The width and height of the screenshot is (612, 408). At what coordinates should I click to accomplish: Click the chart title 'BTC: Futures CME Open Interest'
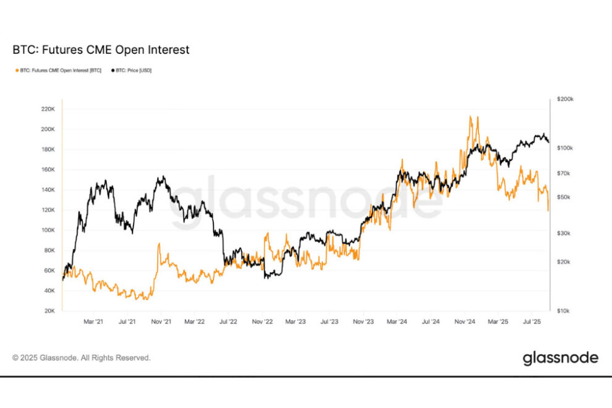tap(101, 50)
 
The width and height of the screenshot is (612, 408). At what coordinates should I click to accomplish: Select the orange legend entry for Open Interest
tap(58, 70)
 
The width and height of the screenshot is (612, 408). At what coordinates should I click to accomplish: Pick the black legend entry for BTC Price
tap(131, 70)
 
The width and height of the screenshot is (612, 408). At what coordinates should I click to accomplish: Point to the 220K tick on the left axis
tap(46, 109)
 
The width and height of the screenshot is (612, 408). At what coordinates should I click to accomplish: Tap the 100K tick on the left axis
tap(46, 230)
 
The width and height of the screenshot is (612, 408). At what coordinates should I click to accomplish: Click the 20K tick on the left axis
tap(48, 311)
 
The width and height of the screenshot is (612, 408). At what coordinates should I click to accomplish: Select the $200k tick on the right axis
tap(565, 99)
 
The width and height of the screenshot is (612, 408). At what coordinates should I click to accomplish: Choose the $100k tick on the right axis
tap(565, 148)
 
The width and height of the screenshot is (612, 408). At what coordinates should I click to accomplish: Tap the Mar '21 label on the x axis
tap(93, 322)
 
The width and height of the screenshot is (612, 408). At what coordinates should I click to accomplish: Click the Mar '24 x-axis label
tap(396, 322)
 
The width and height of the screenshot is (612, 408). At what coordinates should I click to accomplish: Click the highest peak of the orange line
tap(470, 116)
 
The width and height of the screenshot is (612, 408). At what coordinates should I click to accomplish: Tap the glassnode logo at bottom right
tap(560, 358)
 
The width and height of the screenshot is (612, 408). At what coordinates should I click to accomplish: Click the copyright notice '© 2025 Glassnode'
tap(81, 358)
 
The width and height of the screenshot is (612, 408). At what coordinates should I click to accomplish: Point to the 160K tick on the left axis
tap(46, 169)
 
